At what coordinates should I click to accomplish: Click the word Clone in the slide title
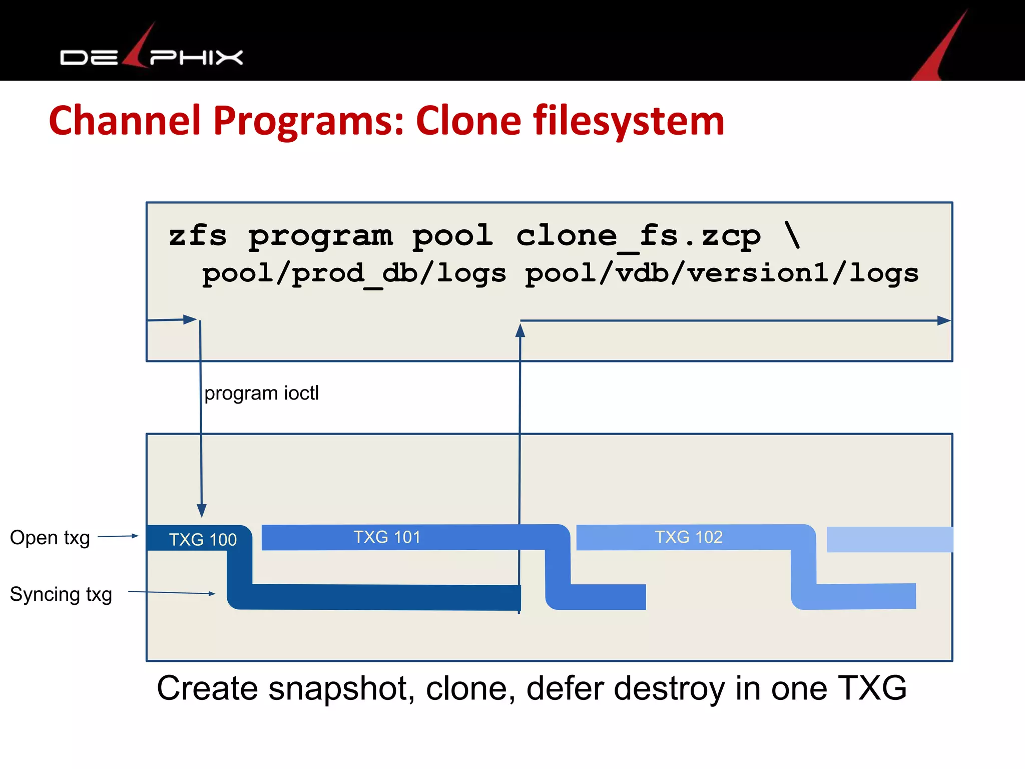click(x=468, y=122)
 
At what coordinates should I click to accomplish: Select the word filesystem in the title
click(x=629, y=122)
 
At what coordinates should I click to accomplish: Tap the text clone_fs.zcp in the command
click(x=638, y=236)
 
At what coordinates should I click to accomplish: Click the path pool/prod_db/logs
click(x=354, y=274)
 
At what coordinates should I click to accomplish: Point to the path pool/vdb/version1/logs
click(x=722, y=274)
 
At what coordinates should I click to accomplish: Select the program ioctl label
click(x=261, y=394)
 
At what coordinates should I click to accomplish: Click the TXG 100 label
click(x=203, y=540)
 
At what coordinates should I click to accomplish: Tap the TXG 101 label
click(x=387, y=537)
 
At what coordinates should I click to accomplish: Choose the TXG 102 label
click(x=689, y=537)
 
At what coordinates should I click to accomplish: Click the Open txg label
click(x=50, y=538)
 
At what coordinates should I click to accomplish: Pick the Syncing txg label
click(x=61, y=595)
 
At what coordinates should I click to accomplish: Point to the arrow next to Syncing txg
click(x=172, y=593)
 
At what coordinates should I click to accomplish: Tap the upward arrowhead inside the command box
click(x=520, y=330)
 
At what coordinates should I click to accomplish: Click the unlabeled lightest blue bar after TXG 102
click(x=889, y=540)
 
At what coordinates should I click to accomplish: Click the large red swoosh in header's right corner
click(x=941, y=50)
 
